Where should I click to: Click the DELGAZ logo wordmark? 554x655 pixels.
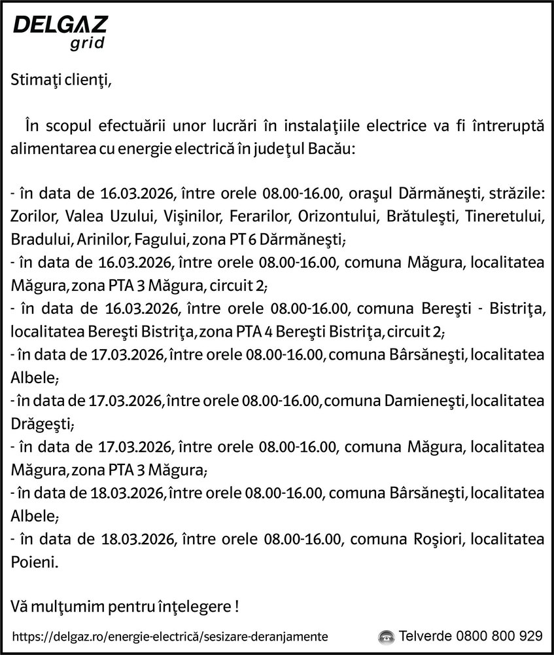(x=60, y=27)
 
